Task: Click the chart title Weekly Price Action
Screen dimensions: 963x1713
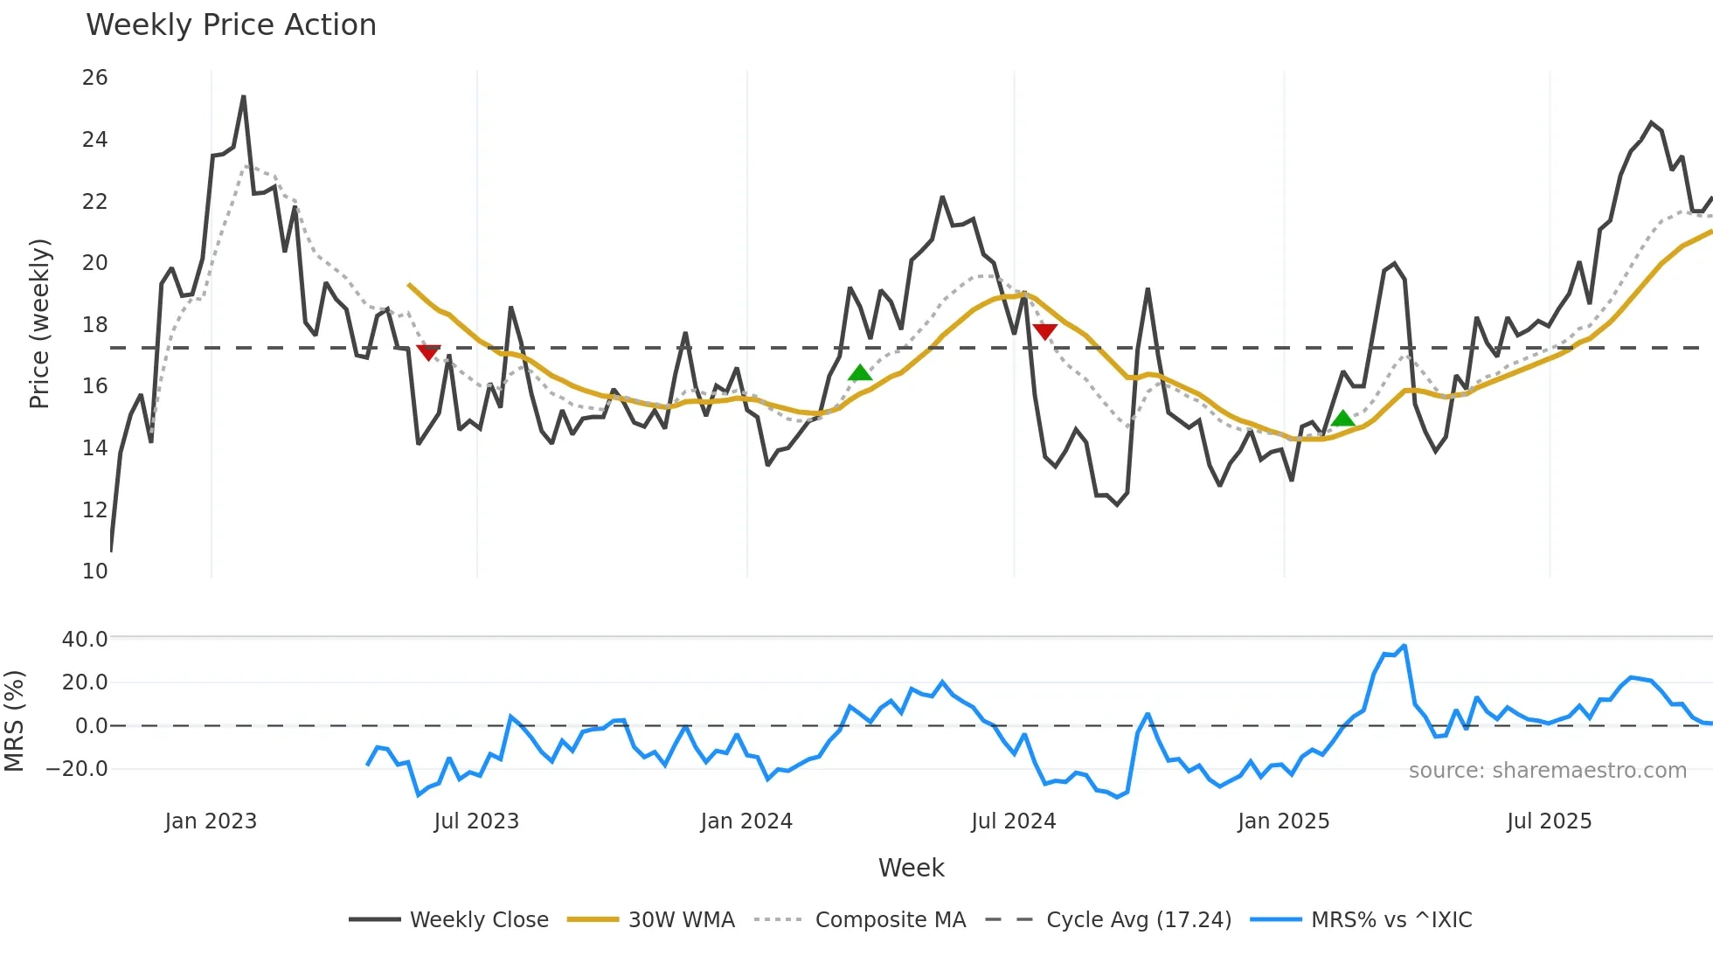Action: click(231, 25)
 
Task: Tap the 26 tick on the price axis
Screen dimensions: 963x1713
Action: click(95, 78)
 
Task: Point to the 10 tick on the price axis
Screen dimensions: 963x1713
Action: click(95, 572)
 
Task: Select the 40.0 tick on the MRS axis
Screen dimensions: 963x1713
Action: click(85, 640)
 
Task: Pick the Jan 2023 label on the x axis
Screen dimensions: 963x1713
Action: click(211, 821)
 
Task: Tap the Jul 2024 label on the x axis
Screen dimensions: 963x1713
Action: click(1014, 821)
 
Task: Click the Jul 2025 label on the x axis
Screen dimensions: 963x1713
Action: click(1550, 821)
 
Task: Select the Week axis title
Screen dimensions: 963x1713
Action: click(911, 868)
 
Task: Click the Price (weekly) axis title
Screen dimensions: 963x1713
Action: click(39, 323)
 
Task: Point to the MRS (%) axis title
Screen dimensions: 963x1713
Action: click(14, 721)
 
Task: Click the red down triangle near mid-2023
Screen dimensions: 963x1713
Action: click(428, 352)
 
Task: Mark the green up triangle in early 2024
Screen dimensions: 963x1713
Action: click(860, 373)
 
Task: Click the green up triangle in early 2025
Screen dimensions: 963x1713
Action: click(1343, 419)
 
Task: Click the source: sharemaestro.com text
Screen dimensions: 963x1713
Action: click(1548, 771)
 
